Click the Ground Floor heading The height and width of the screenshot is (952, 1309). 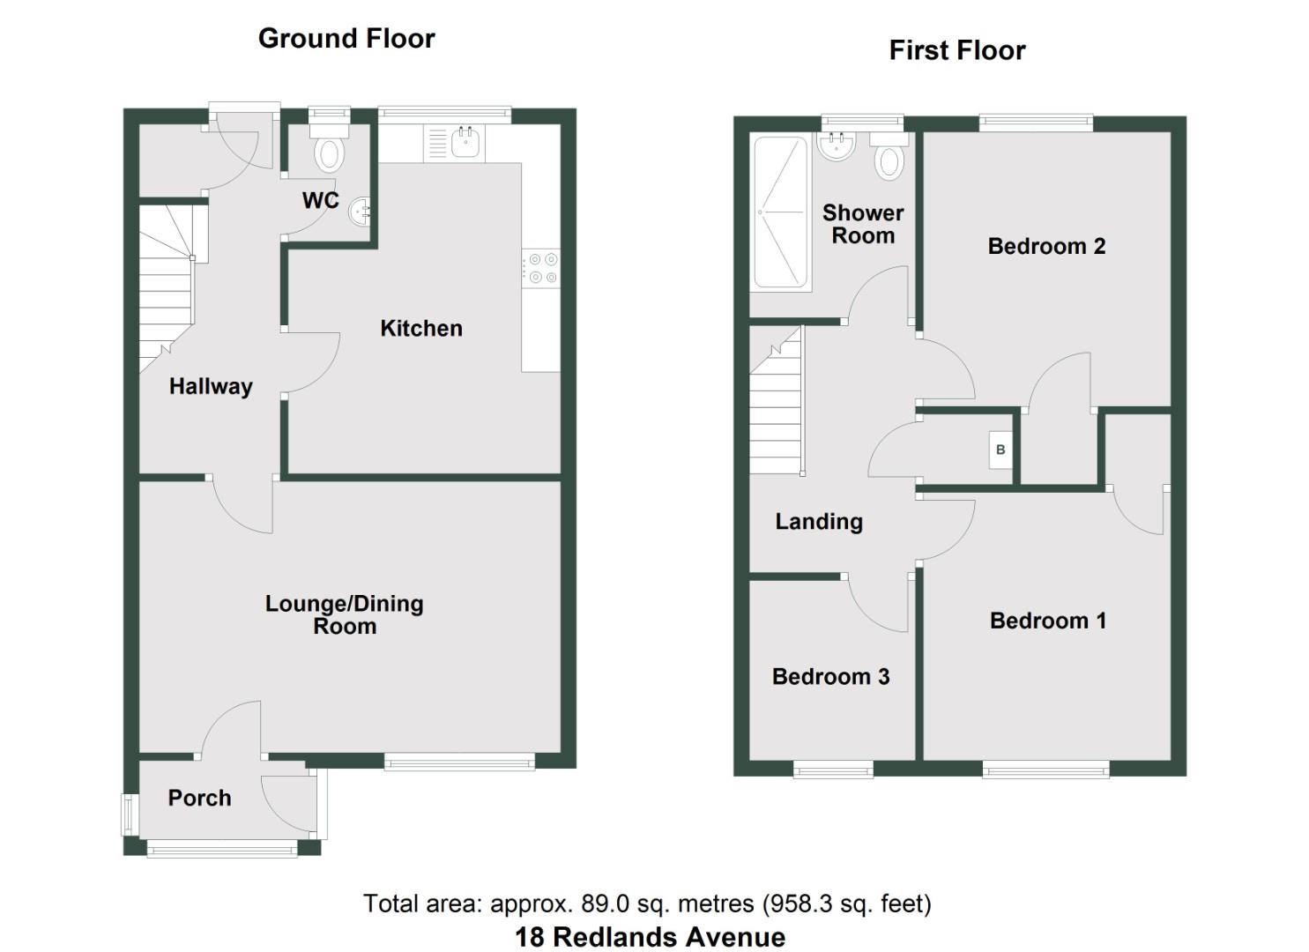point(346,39)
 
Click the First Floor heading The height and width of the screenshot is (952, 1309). point(956,51)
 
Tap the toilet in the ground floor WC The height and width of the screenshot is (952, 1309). point(330,152)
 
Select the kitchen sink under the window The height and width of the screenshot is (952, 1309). point(465,141)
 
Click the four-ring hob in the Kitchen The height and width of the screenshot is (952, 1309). point(540,268)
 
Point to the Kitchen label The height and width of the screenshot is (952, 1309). point(421,329)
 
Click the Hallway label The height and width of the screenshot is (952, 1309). point(211,386)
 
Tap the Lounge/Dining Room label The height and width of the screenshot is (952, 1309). point(345,615)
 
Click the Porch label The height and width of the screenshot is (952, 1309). point(200,798)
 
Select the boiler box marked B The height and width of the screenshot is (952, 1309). point(1000,450)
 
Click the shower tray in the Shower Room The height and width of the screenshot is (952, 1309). point(780,212)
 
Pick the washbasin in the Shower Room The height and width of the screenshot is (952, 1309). point(835,146)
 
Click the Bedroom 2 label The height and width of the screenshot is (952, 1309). point(1046,246)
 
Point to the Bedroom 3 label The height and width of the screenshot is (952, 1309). point(830,677)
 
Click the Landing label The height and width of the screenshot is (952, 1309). point(819,522)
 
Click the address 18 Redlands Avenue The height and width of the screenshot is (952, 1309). point(650,937)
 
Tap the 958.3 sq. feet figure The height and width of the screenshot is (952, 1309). point(847,904)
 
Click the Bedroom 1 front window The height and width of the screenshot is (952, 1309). point(1045,770)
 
